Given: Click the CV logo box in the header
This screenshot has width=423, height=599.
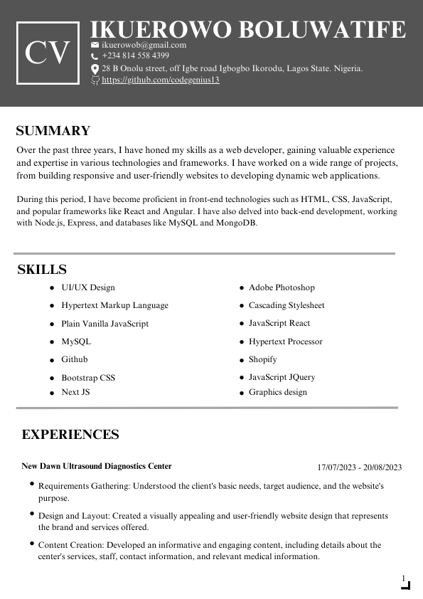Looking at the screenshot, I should click(48, 53).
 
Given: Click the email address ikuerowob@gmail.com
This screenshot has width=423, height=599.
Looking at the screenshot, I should click(144, 45).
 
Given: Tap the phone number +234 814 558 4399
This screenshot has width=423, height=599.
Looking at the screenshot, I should click(135, 55).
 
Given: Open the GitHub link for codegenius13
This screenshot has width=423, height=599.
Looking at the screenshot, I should click(161, 80).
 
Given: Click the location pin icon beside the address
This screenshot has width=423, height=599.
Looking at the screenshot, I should click(95, 69).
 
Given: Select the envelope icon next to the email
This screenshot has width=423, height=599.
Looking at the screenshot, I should click(95, 45).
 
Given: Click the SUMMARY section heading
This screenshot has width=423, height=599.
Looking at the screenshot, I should click(53, 131).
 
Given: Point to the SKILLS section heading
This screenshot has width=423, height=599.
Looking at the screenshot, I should click(42, 270).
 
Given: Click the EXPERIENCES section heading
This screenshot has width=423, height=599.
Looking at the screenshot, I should click(70, 435).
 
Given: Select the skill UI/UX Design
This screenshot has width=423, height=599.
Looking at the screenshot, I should click(88, 287).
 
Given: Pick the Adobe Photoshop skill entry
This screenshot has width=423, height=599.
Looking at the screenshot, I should click(282, 287).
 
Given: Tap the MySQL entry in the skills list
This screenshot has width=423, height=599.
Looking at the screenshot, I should click(76, 341).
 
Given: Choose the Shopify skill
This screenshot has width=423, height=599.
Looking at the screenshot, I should click(263, 359).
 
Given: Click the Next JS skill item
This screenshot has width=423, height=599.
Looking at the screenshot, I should click(75, 392).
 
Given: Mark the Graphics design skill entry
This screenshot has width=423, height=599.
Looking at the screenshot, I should click(278, 392).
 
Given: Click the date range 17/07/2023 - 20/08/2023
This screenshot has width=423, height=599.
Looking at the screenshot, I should click(360, 467).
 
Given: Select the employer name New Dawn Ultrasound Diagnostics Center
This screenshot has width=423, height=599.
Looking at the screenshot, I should click(97, 467).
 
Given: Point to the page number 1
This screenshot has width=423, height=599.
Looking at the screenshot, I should click(404, 578).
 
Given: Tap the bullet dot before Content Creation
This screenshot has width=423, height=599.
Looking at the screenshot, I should click(32, 543).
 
